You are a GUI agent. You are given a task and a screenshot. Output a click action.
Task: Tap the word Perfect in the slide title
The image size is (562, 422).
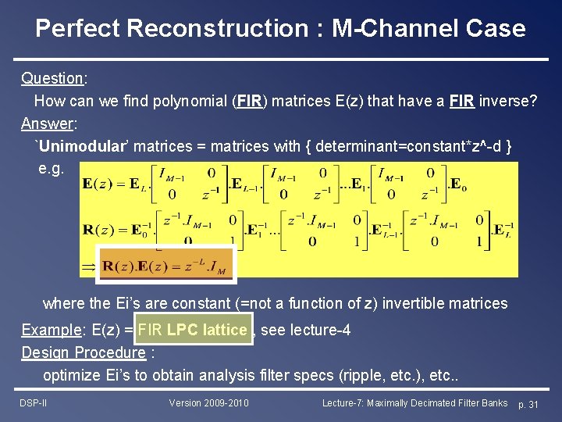[x=77, y=29]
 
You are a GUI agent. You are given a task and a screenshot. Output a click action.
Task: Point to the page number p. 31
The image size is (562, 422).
[x=528, y=404]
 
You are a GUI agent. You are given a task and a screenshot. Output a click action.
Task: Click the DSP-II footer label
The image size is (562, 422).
[x=34, y=403]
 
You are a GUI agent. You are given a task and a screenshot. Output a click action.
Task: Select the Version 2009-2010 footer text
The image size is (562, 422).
[x=208, y=403]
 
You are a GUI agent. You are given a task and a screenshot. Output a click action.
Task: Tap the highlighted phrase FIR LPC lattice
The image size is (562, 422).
[x=194, y=330]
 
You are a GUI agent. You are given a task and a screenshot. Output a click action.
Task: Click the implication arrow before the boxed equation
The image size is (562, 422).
[x=88, y=266]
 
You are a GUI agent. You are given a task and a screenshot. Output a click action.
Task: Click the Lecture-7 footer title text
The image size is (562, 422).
[x=414, y=403]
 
